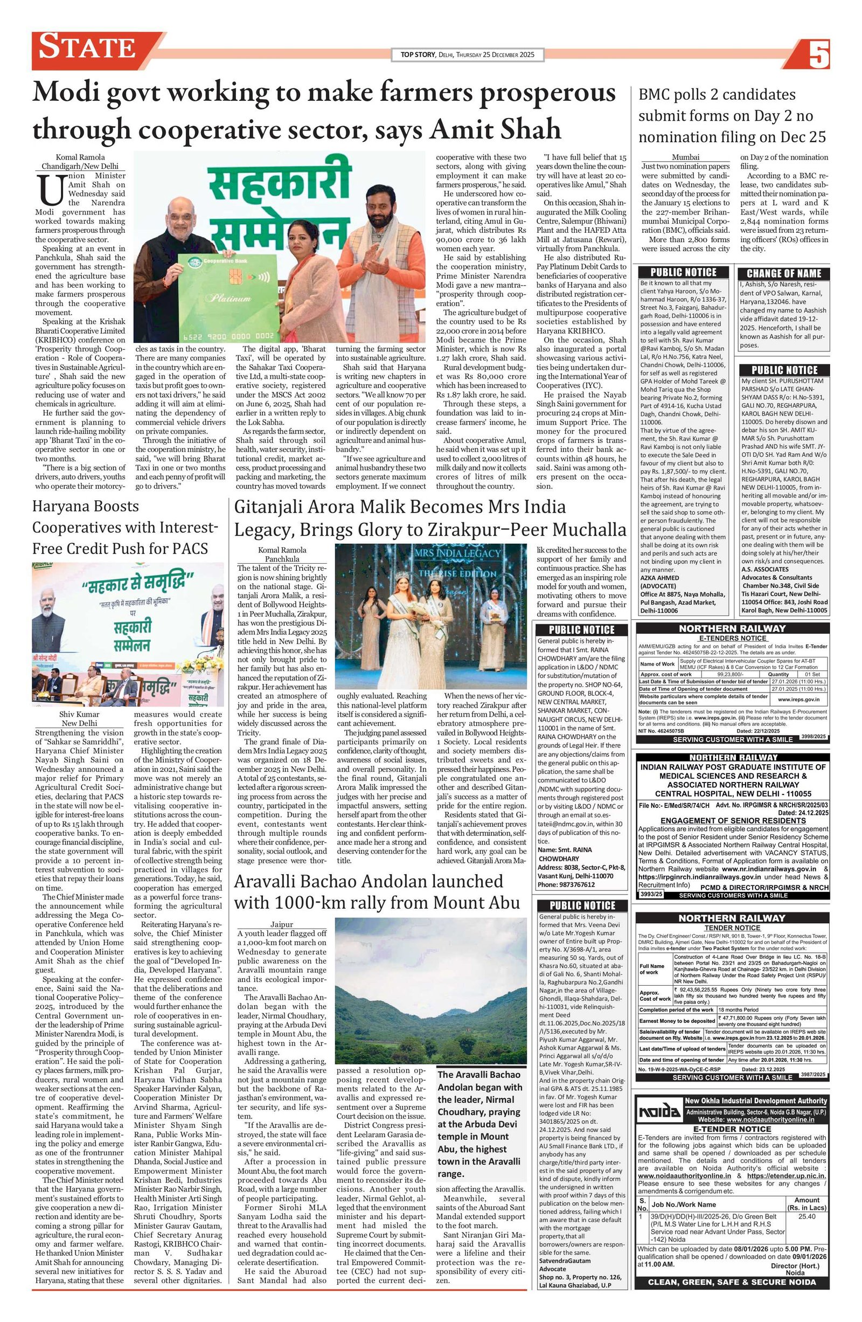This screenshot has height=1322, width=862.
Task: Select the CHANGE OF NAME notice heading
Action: (784, 273)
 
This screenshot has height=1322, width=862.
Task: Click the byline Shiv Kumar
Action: (80, 714)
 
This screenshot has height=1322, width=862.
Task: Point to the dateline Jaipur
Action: (282, 924)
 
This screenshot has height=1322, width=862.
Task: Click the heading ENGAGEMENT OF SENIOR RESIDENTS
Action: (733, 820)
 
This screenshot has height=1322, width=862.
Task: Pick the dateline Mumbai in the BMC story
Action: (685, 157)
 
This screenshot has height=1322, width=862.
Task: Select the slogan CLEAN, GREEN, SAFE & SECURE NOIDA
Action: (732, 1282)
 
